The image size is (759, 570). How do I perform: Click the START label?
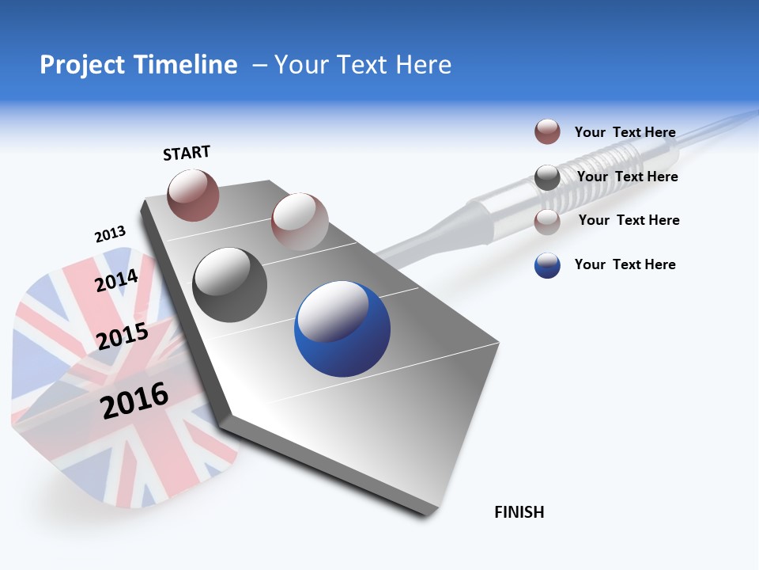(187, 153)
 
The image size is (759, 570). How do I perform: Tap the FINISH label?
(519, 512)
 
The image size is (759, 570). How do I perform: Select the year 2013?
(110, 234)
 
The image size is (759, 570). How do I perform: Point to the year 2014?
(117, 280)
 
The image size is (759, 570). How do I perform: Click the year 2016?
(135, 401)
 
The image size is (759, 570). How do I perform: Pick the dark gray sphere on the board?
(229, 285)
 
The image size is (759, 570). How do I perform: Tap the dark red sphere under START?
(193, 195)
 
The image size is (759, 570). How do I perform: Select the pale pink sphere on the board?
(300, 222)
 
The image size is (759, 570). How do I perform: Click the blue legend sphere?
(547, 265)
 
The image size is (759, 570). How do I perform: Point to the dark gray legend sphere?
(547, 177)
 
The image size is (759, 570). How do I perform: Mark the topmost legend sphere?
(547, 131)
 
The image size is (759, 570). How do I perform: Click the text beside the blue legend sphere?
(625, 264)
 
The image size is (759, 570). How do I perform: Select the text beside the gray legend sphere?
(627, 177)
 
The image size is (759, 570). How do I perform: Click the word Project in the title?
(81, 65)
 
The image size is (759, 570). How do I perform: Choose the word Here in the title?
(423, 65)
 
